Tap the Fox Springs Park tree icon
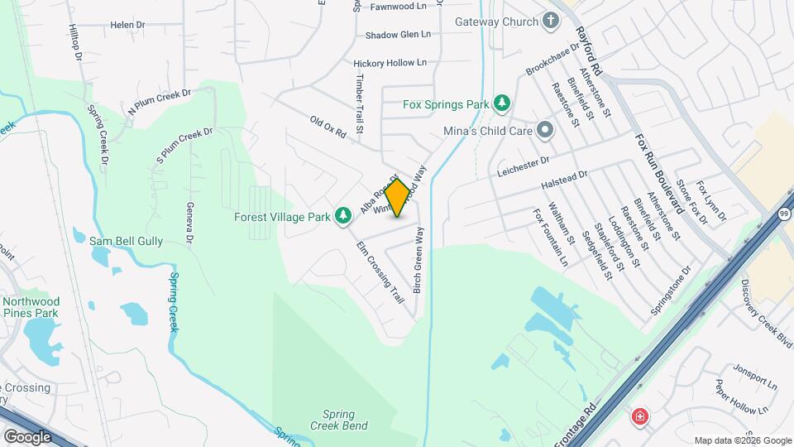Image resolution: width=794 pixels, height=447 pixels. tap(501, 104)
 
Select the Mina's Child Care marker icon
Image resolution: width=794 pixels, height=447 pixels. tap(544, 130)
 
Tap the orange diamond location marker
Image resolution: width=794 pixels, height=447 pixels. tap(398, 198)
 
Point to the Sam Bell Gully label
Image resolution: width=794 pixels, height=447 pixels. tap(126, 241)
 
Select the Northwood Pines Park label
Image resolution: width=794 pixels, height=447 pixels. tap(30, 307)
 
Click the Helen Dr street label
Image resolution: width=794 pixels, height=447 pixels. tap(127, 26)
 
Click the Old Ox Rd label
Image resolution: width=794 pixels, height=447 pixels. tap(328, 127)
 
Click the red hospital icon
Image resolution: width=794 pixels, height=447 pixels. tap(639, 416)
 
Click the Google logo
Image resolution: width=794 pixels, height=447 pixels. tap(27, 436)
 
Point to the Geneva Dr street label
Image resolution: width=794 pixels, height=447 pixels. tap(189, 223)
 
